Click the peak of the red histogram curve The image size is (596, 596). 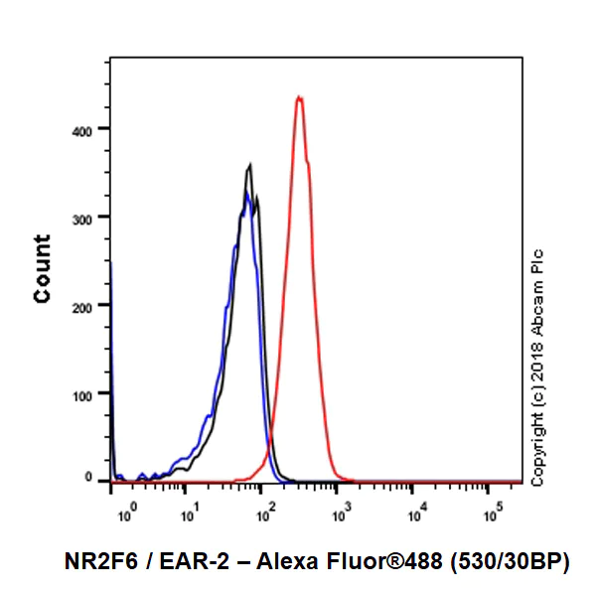(299, 97)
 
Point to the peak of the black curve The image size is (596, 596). (251, 165)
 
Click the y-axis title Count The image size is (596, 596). (43, 268)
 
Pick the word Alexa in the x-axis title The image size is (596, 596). (286, 563)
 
